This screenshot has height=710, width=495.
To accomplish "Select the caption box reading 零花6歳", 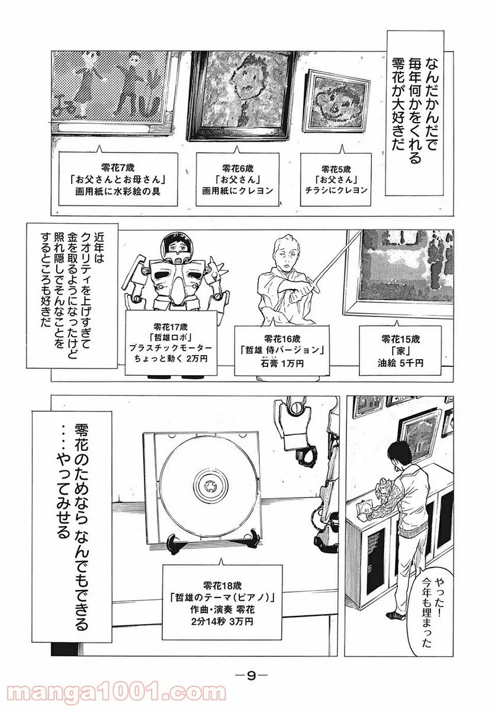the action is coord(237,179).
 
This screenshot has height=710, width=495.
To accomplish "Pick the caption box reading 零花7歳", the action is coord(118,179).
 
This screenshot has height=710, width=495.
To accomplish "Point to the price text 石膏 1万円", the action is coord(282,363).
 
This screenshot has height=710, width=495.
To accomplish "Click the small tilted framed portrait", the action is coord(336,101).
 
